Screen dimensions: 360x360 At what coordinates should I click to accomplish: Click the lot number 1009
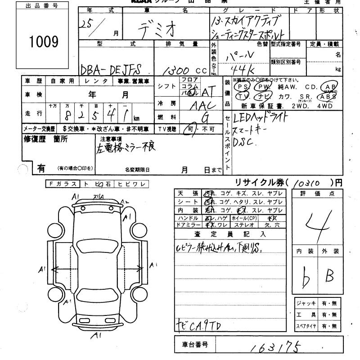44,42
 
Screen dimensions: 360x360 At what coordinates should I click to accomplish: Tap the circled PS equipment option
243,86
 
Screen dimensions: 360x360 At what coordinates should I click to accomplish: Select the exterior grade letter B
329,275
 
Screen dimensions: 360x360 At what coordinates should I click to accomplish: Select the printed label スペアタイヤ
306,326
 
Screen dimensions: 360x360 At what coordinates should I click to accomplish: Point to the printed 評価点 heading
319,193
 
